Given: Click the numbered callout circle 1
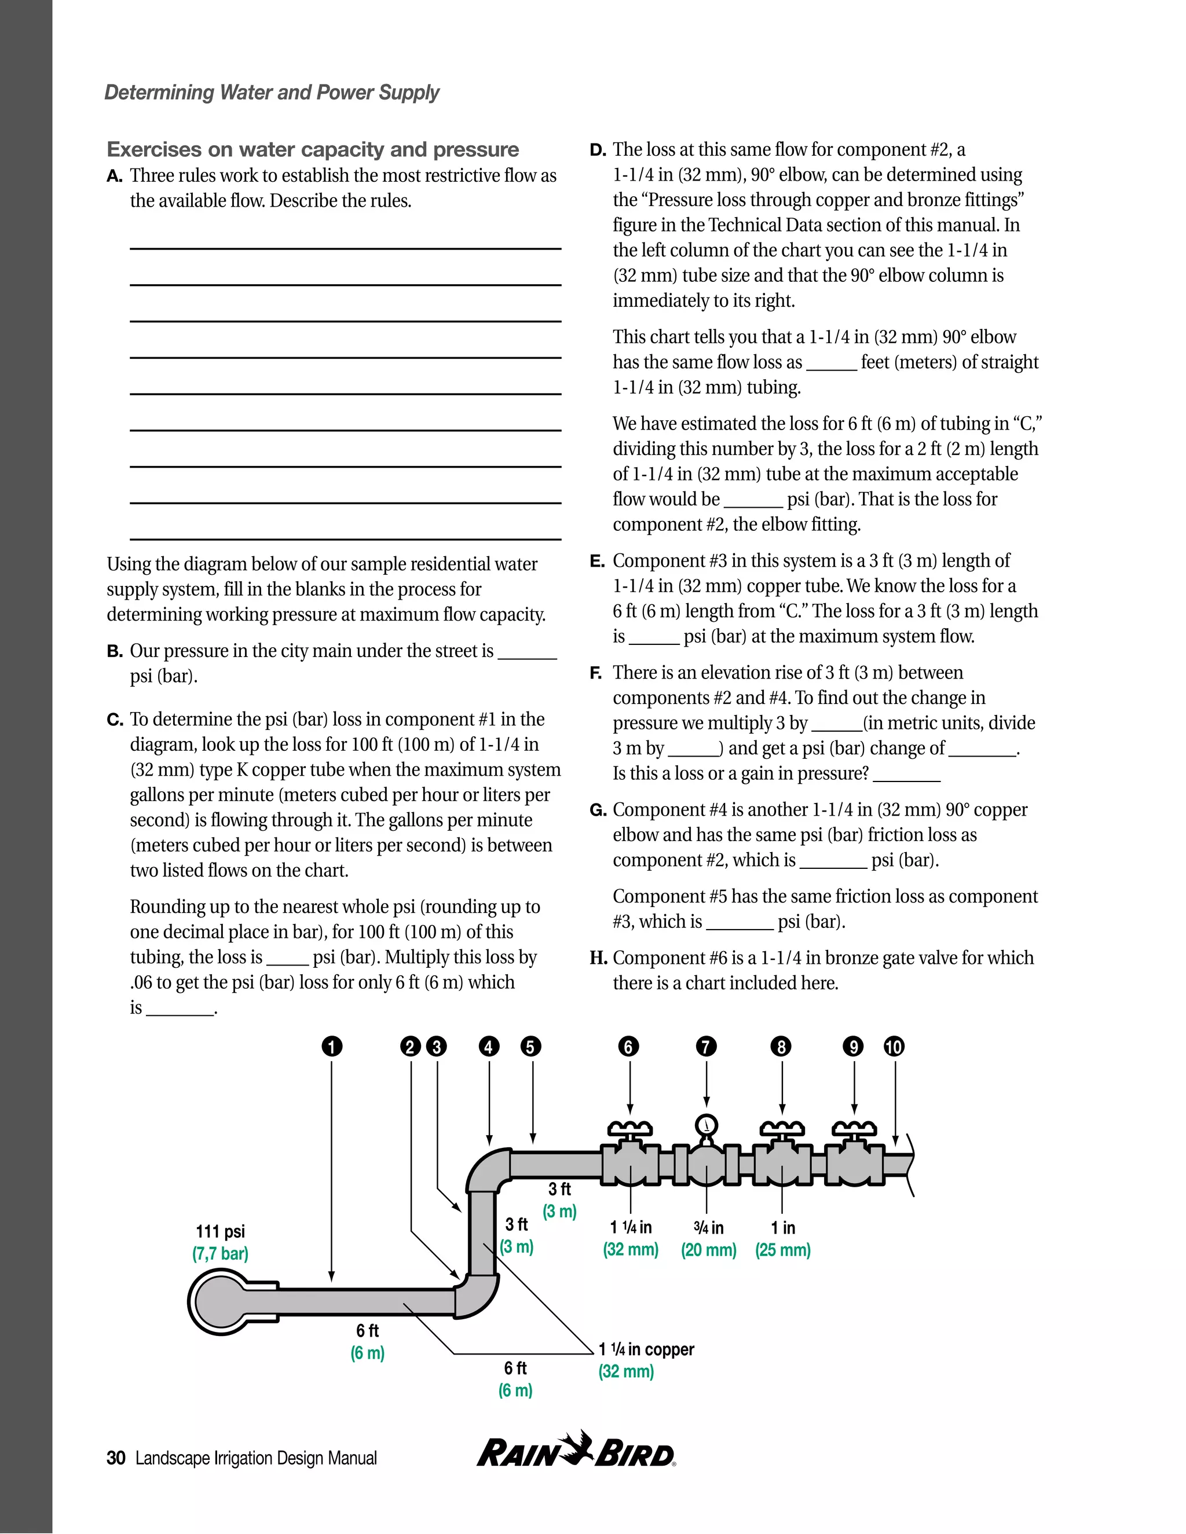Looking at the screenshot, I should click(x=332, y=1047).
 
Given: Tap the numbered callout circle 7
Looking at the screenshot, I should click(x=706, y=1047).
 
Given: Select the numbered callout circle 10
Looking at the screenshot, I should click(x=894, y=1047).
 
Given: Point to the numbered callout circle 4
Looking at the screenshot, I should click(x=489, y=1047).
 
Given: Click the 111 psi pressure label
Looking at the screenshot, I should click(x=221, y=1231).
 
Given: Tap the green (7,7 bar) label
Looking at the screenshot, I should click(x=221, y=1254).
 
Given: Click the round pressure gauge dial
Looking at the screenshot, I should click(x=705, y=1125).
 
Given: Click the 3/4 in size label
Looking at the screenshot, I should click(x=708, y=1227).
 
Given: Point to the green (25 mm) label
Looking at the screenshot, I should click(x=783, y=1250).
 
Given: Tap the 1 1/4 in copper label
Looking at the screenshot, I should click(x=646, y=1349).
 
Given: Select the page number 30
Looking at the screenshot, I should click(x=116, y=1458).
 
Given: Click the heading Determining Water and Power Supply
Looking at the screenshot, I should click(x=272, y=92).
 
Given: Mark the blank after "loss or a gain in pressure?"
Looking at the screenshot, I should click(x=906, y=775).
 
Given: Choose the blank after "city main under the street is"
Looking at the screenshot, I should click(x=528, y=652).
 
